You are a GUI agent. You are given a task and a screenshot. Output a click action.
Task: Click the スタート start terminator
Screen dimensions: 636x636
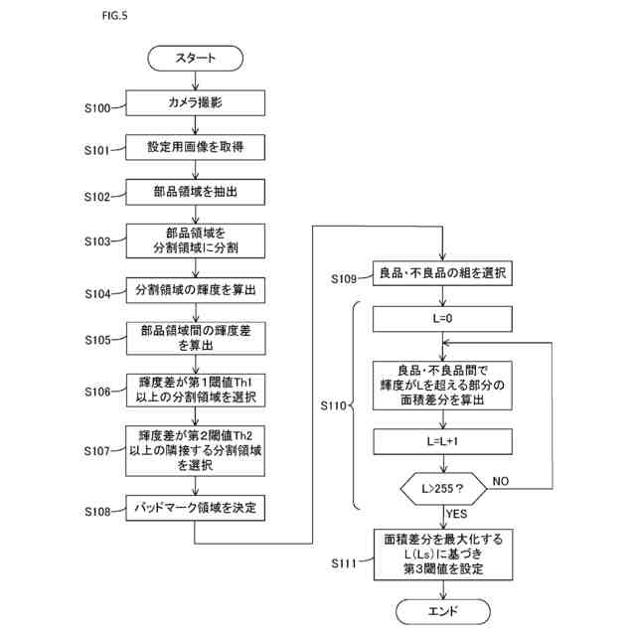[x=195, y=59]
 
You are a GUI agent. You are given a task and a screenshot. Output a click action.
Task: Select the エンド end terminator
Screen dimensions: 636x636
[x=443, y=612]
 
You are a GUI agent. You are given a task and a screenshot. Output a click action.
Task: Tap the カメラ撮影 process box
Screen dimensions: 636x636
[x=195, y=103]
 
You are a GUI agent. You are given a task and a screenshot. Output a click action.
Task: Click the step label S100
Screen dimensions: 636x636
[x=97, y=108]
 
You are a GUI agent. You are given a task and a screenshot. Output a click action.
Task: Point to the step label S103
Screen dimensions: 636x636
[x=97, y=241]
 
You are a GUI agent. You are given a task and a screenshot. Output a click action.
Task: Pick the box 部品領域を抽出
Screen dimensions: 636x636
[x=195, y=192]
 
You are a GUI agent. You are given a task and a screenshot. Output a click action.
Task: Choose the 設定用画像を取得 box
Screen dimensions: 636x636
[x=195, y=147]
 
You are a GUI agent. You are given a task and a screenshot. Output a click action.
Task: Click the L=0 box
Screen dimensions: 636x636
[x=442, y=319]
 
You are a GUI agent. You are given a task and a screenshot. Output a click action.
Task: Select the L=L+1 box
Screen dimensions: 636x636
[x=442, y=441]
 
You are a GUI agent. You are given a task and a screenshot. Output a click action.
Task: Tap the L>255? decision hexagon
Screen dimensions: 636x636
[x=443, y=489]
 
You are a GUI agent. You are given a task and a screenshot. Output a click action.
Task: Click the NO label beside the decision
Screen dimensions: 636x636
[x=501, y=481]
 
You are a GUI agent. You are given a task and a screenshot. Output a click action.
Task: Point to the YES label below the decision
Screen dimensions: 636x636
[x=457, y=514]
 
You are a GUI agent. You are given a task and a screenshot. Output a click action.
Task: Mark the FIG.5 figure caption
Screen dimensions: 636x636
[x=115, y=16]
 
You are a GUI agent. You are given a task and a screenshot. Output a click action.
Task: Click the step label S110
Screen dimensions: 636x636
[x=334, y=405]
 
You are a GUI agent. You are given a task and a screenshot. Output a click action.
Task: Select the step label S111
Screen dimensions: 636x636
[x=344, y=563]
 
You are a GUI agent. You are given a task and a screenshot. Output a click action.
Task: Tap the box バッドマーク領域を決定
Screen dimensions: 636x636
[x=195, y=508]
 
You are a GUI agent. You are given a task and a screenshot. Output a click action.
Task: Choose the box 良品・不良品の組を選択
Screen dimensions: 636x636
[x=442, y=273]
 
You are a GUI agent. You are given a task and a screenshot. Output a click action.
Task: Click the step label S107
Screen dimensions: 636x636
[x=97, y=451]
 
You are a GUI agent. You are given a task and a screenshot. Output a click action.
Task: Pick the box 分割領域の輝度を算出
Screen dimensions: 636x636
[x=196, y=290]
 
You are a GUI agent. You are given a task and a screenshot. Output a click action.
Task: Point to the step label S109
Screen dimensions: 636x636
[x=344, y=279]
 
